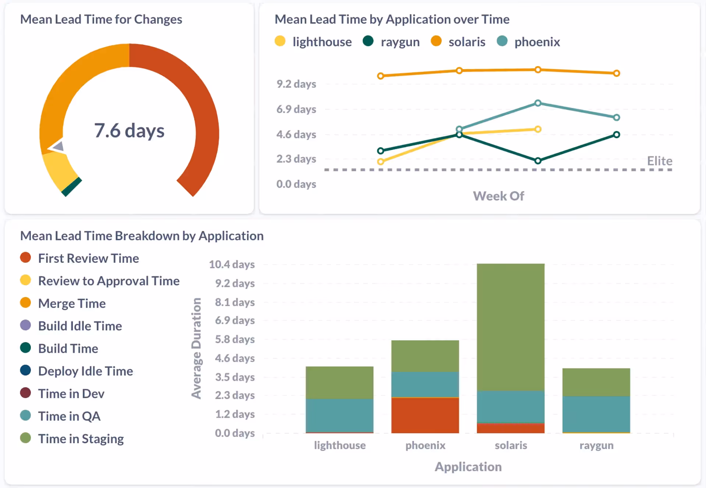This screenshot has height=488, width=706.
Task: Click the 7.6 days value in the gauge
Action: [129, 130]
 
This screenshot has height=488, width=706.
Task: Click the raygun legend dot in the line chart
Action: [368, 41]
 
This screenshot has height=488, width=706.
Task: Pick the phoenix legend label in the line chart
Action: [537, 42]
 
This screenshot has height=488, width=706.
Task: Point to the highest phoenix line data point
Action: [538, 103]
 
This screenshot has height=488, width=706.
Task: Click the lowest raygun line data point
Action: [538, 161]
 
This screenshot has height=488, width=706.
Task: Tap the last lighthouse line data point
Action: [538, 129]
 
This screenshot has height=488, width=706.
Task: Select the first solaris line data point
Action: [381, 76]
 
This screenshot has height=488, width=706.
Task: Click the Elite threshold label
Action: [659, 161]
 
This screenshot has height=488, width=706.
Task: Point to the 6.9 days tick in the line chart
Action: [296, 109]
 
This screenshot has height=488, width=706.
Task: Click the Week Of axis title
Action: [498, 196]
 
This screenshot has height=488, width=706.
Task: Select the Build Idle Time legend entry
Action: [80, 326]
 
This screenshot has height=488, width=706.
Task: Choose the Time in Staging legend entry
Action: [81, 439]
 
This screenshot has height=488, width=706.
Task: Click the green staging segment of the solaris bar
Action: [510, 327]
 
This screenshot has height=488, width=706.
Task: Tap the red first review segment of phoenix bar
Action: [425, 415]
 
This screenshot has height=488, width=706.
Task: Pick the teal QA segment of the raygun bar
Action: [596, 414]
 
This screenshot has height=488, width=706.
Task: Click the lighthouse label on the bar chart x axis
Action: [339, 445]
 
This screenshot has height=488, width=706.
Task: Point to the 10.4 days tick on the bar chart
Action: [232, 264]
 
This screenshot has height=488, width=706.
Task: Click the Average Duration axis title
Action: [196, 348]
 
